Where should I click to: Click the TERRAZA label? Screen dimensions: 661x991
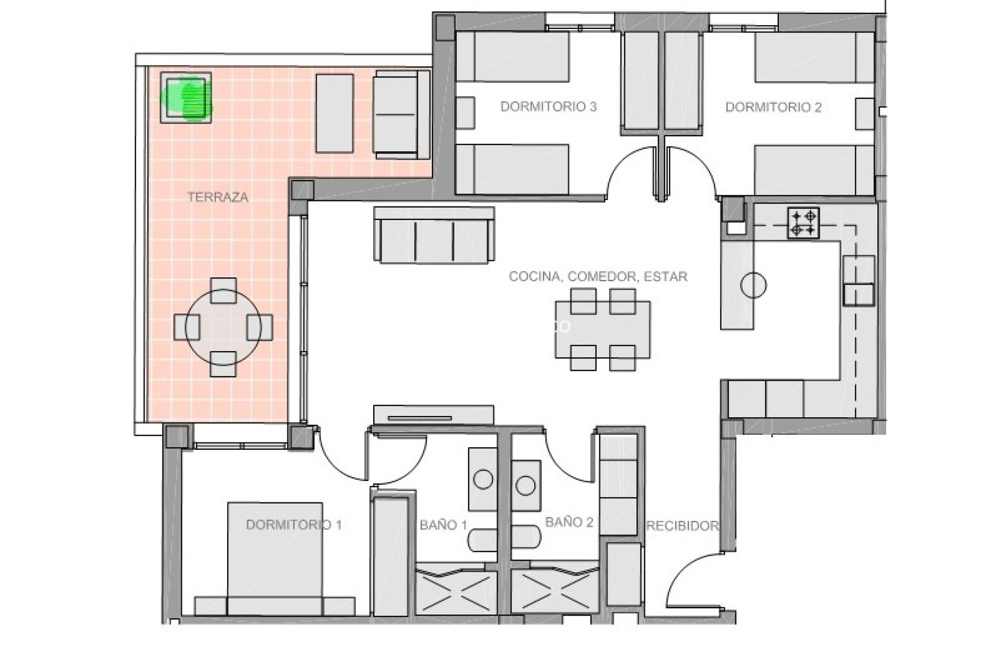click(x=217, y=197)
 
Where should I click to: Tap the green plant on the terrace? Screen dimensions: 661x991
click(x=187, y=99)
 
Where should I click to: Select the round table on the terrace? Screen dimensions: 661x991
click(x=223, y=327)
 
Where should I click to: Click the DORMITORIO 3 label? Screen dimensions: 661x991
click(x=548, y=107)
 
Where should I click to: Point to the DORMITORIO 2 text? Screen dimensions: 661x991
click(x=773, y=107)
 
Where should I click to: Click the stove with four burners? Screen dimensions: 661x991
click(x=804, y=223)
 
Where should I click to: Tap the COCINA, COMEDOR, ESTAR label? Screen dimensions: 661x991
click(x=598, y=277)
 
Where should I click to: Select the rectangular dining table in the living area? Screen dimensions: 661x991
click(x=602, y=329)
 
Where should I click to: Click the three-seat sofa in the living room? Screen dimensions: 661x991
click(x=434, y=236)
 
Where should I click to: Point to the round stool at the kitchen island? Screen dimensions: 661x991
click(x=753, y=285)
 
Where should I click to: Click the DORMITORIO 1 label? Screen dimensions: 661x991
click(x=293, y=525)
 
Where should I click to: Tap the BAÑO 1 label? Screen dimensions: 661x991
click(x=443, y=526)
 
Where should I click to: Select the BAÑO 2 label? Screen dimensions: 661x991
click(x=569, y=523)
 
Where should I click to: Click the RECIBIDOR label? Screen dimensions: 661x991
click(x=682, y=526)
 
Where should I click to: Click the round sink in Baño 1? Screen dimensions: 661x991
click(x=483, y=480)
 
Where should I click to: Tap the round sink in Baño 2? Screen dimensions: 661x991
click(x=525, y=485)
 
